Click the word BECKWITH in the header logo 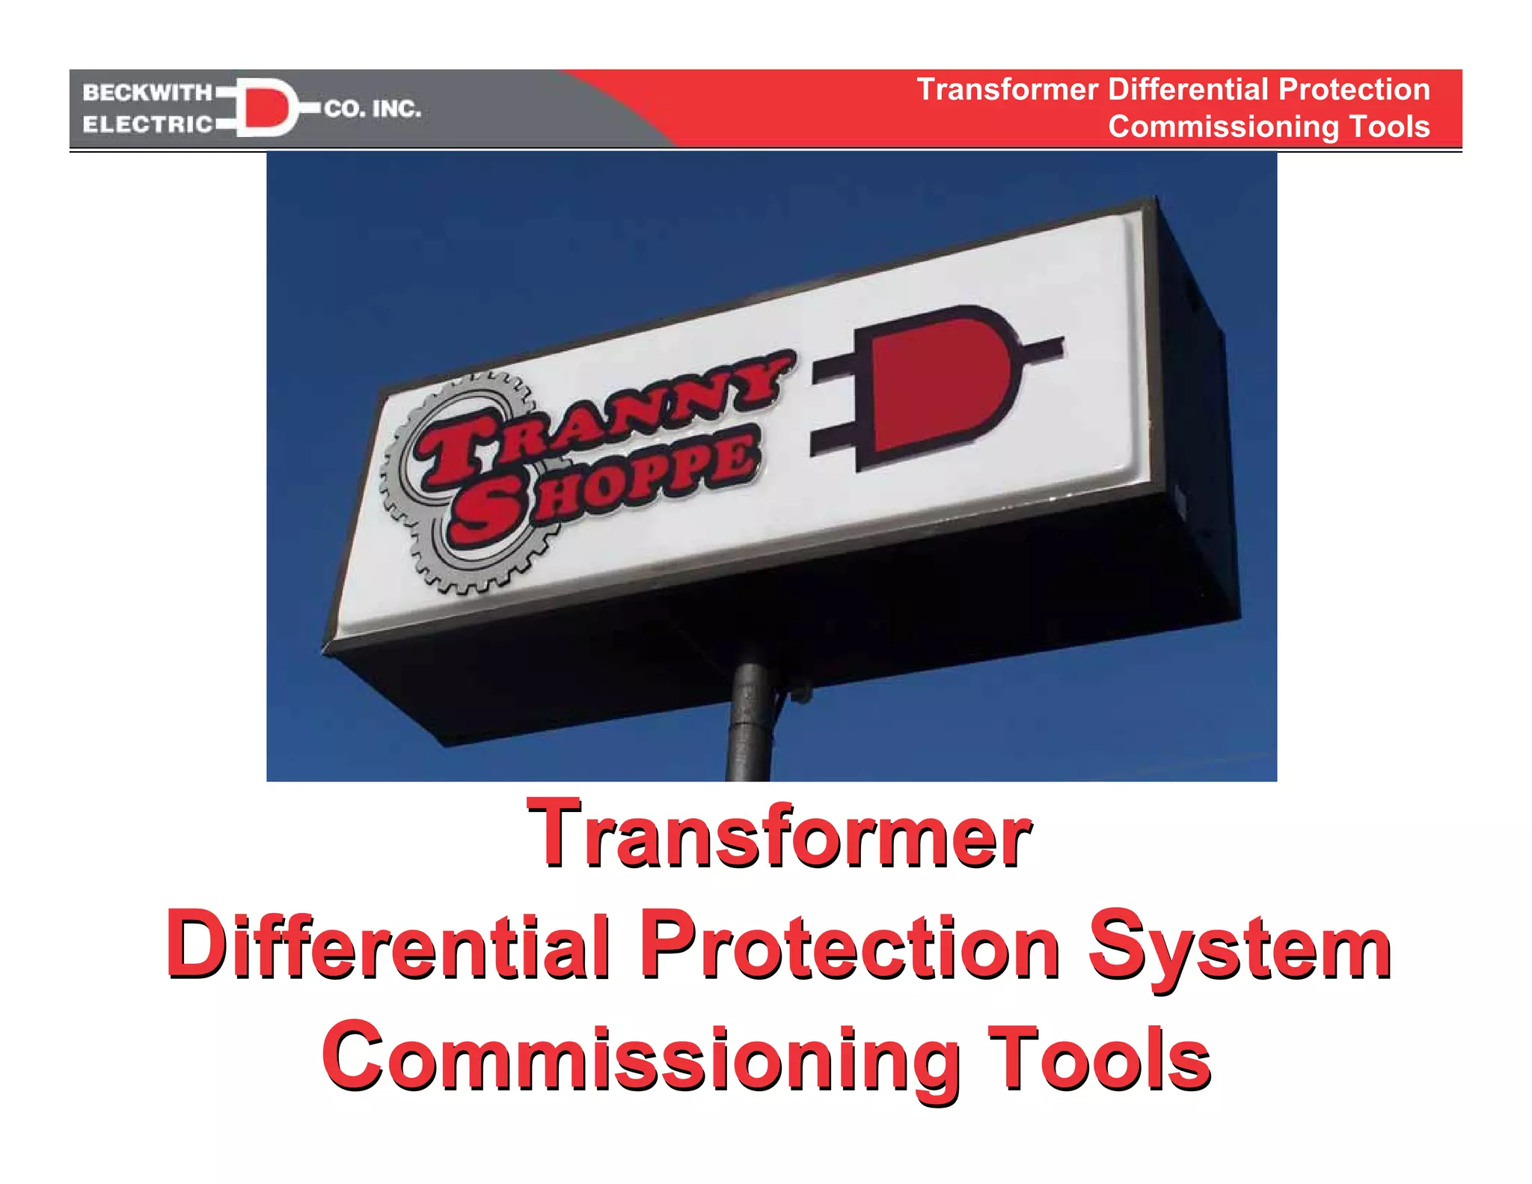[147, 93]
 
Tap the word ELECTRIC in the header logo [147, 124]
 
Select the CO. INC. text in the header [373, 109]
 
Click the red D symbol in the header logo [265, 107]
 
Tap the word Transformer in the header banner [1007, 90]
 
